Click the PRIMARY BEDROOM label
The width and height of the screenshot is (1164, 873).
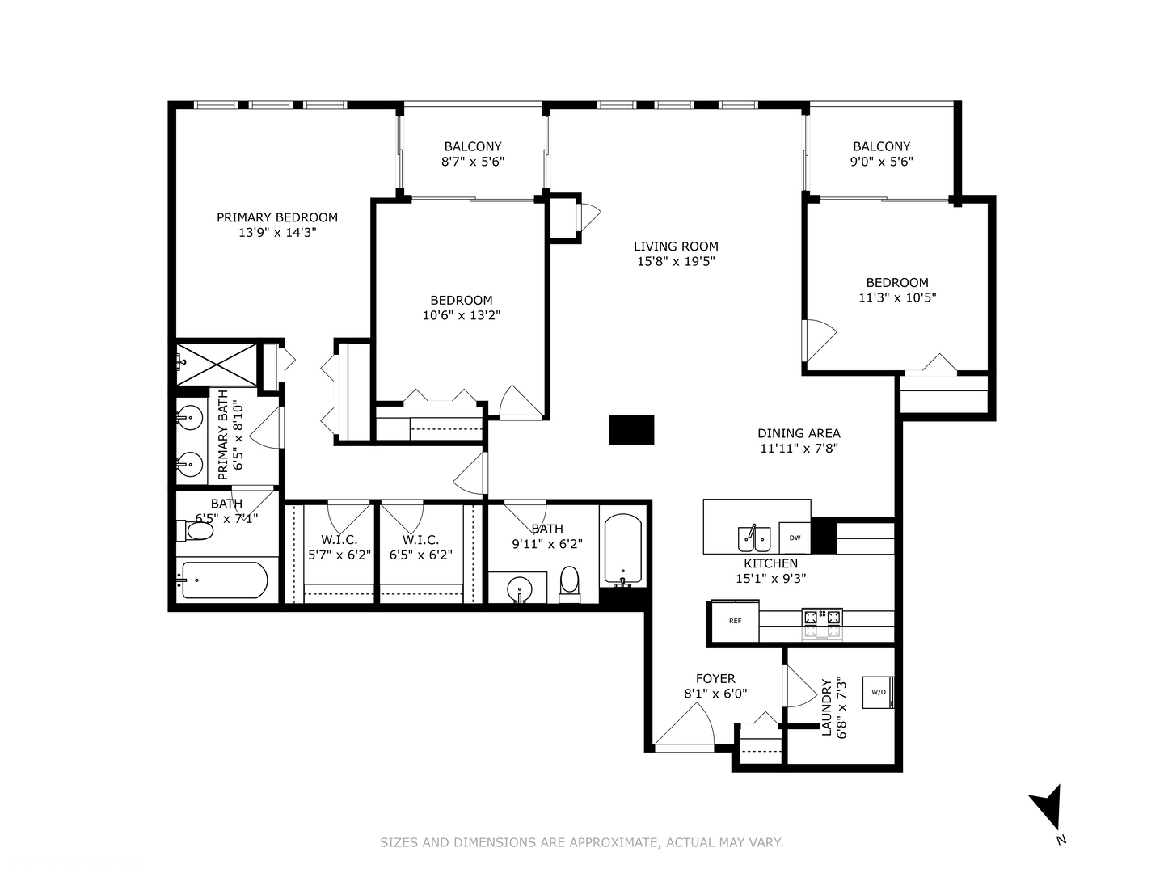click(x=276, y=217)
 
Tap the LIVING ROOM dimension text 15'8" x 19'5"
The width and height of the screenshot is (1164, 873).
click(x=676, y=261)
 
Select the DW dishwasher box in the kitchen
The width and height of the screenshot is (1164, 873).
click(x=795, y=538)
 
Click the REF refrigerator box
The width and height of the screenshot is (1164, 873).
click(x=735, y=621)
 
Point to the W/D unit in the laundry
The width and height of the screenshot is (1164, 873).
click(x=878, y=692)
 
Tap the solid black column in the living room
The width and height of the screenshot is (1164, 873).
click(x=631, y=429)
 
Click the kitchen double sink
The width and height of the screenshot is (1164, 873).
click(x=754, y=538)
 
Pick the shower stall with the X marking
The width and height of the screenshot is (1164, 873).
click(x=217, y=364)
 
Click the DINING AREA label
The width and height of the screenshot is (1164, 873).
click(x=799, y=433)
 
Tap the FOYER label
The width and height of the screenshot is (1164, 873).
click(x=715, y=678)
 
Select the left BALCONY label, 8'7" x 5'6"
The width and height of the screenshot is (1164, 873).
click(x=473, y=154)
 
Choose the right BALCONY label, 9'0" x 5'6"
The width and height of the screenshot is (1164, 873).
click(x=881, y=154)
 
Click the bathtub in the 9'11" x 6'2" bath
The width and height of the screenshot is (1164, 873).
click(x=623, y=550)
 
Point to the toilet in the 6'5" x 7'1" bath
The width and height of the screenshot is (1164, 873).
click(x=195, y=530)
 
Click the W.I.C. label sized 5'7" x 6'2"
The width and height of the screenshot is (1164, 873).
click(x=339, y=547)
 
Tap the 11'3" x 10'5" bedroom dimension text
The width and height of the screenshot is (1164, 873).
click(x=897, y=297)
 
